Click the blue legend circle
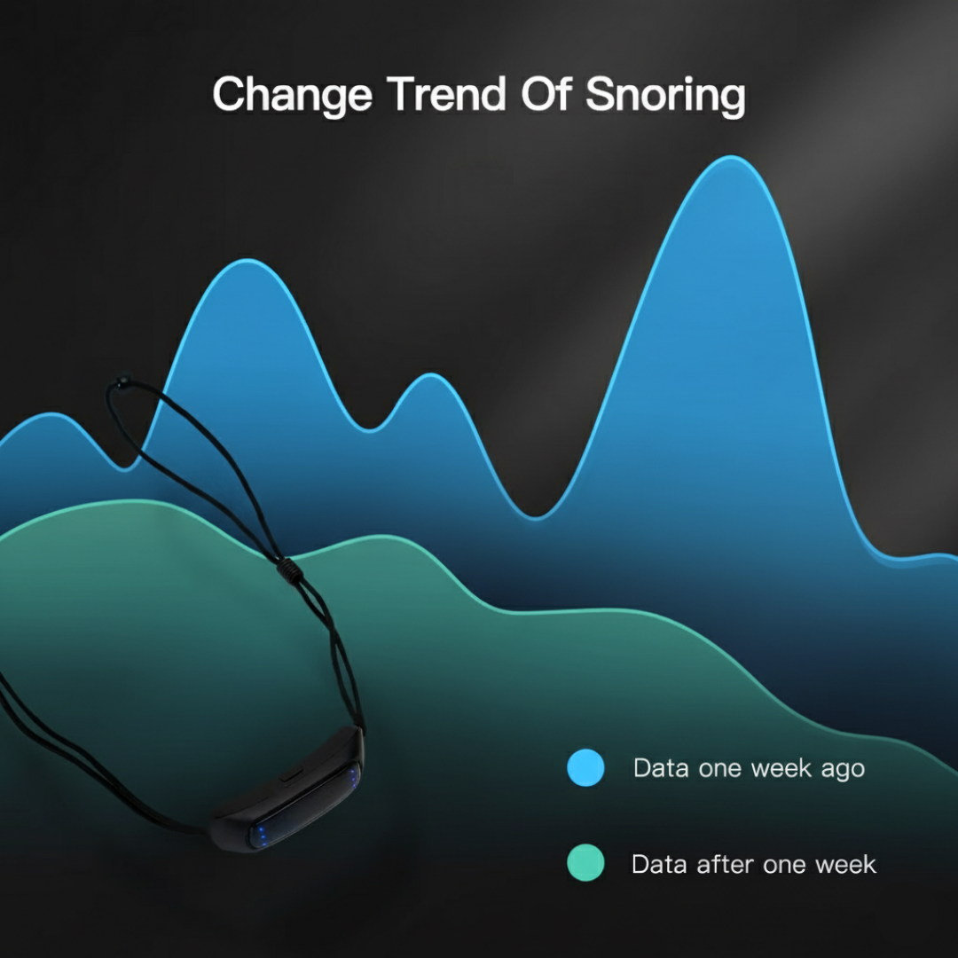point(585,767)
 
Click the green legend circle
point(585,863)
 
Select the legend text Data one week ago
point(749,768)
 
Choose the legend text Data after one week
point(753,864)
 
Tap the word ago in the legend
point(842,770)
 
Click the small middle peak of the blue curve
point(431,376)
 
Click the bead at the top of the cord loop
point(119,383)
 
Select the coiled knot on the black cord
point(288,569)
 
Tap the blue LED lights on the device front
point(262,835)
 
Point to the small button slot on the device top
point(289,774)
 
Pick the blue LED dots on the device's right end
point(353,777)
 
